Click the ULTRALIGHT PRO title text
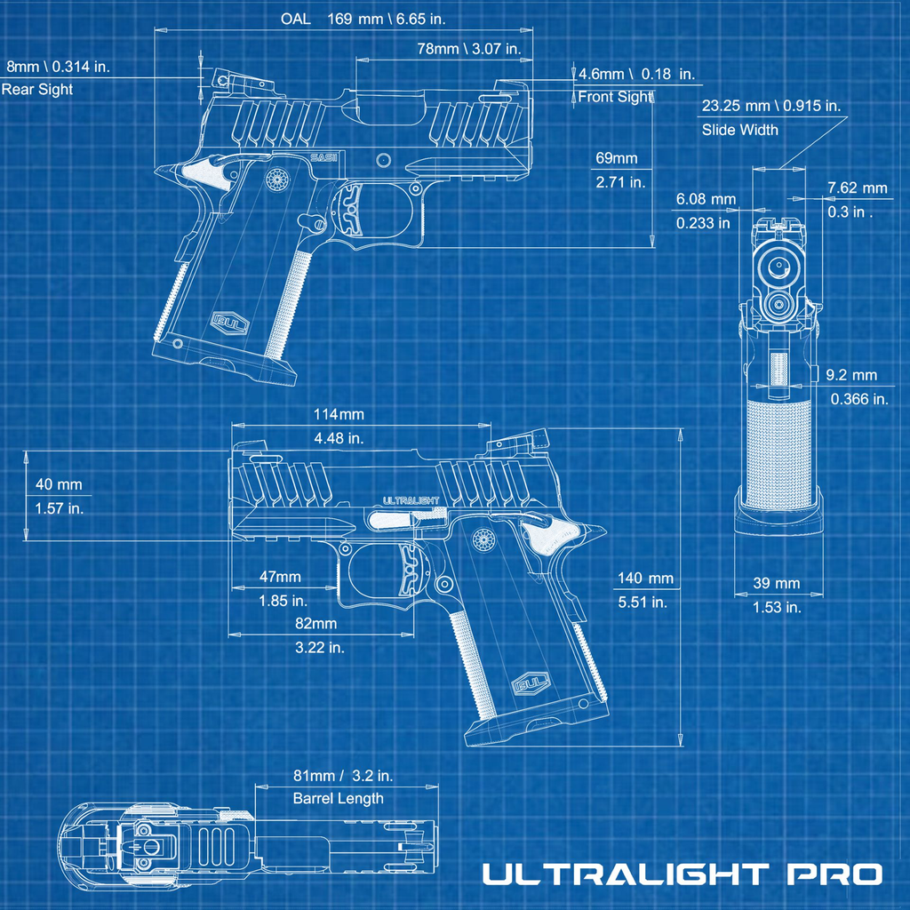682,874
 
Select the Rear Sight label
37,90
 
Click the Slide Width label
739,130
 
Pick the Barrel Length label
338,798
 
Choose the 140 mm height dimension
645,579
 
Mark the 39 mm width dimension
776,584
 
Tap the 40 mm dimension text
59,484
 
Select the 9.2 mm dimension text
850,376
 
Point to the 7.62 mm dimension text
857,188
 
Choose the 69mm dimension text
617,158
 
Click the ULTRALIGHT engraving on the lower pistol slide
411,500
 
